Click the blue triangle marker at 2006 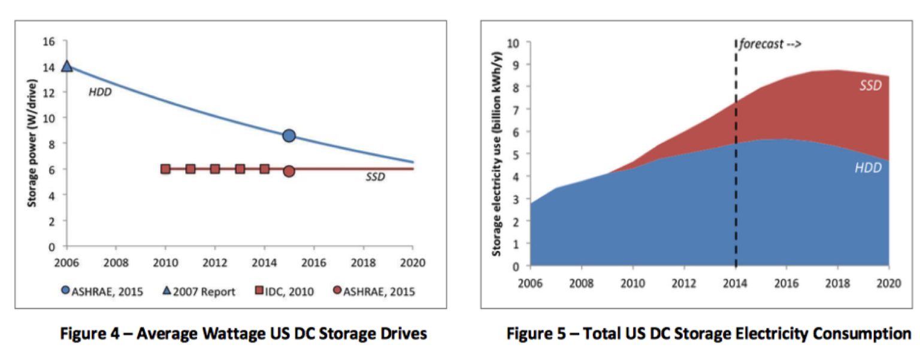67,66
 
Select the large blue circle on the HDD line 289,136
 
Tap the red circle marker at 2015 289,171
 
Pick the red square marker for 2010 166,169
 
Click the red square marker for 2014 265,169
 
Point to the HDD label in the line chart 101,92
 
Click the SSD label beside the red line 375,177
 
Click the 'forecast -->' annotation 770,44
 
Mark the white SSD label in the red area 870,86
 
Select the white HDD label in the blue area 868,168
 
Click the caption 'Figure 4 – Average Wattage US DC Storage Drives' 244,334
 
